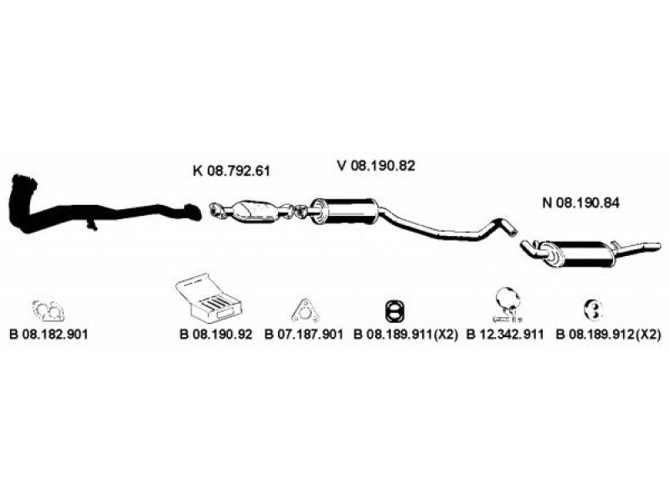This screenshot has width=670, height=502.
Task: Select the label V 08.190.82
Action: (x=376, y=166)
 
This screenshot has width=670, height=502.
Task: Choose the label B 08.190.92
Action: (x=215, y=334)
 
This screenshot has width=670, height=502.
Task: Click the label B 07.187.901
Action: (x=304, y=334)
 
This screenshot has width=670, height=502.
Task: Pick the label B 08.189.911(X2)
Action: (x=405, y=334)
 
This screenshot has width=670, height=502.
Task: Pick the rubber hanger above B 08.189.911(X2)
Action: (x=393, y=310)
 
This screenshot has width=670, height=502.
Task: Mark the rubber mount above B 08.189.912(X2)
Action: (x=592, y=310)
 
